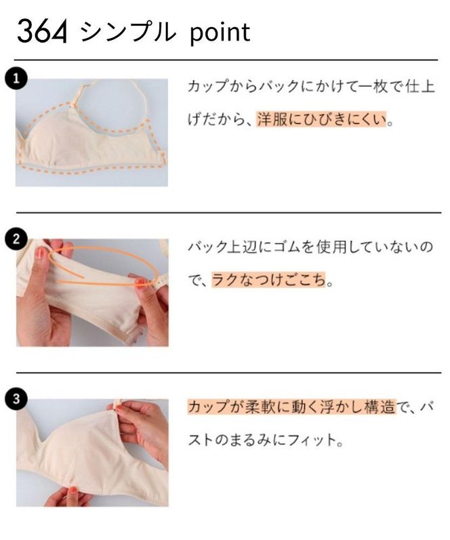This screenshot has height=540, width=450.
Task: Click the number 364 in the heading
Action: tap(42, 32)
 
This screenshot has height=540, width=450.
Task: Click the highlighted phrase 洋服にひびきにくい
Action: tap(321, 121)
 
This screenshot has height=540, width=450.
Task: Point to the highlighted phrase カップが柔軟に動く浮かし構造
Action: tap(290, 407)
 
